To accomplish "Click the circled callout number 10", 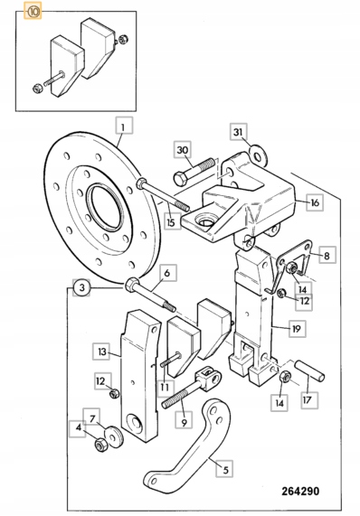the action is [x=34, y=12].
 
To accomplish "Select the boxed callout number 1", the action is [x=124, y=126].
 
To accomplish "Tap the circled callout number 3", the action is [x=81, y=287].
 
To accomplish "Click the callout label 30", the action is [x=183, y=150].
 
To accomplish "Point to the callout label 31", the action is [x=238, y=132].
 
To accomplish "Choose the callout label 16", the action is [x=315, y=202].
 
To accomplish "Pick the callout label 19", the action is [x=297, y=328].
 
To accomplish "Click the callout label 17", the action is [x=309, y=399].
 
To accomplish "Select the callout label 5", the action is [x=225, y=469].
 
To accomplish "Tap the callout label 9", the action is [x=184, y=420].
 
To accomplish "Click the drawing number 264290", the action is [x=300, y=491].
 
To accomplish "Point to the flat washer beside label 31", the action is [x=258, y=155].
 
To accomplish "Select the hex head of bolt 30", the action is [x=180, y=179].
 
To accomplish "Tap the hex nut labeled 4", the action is [x=99, y=445].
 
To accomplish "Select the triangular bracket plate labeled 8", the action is [x=294, y=263].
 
